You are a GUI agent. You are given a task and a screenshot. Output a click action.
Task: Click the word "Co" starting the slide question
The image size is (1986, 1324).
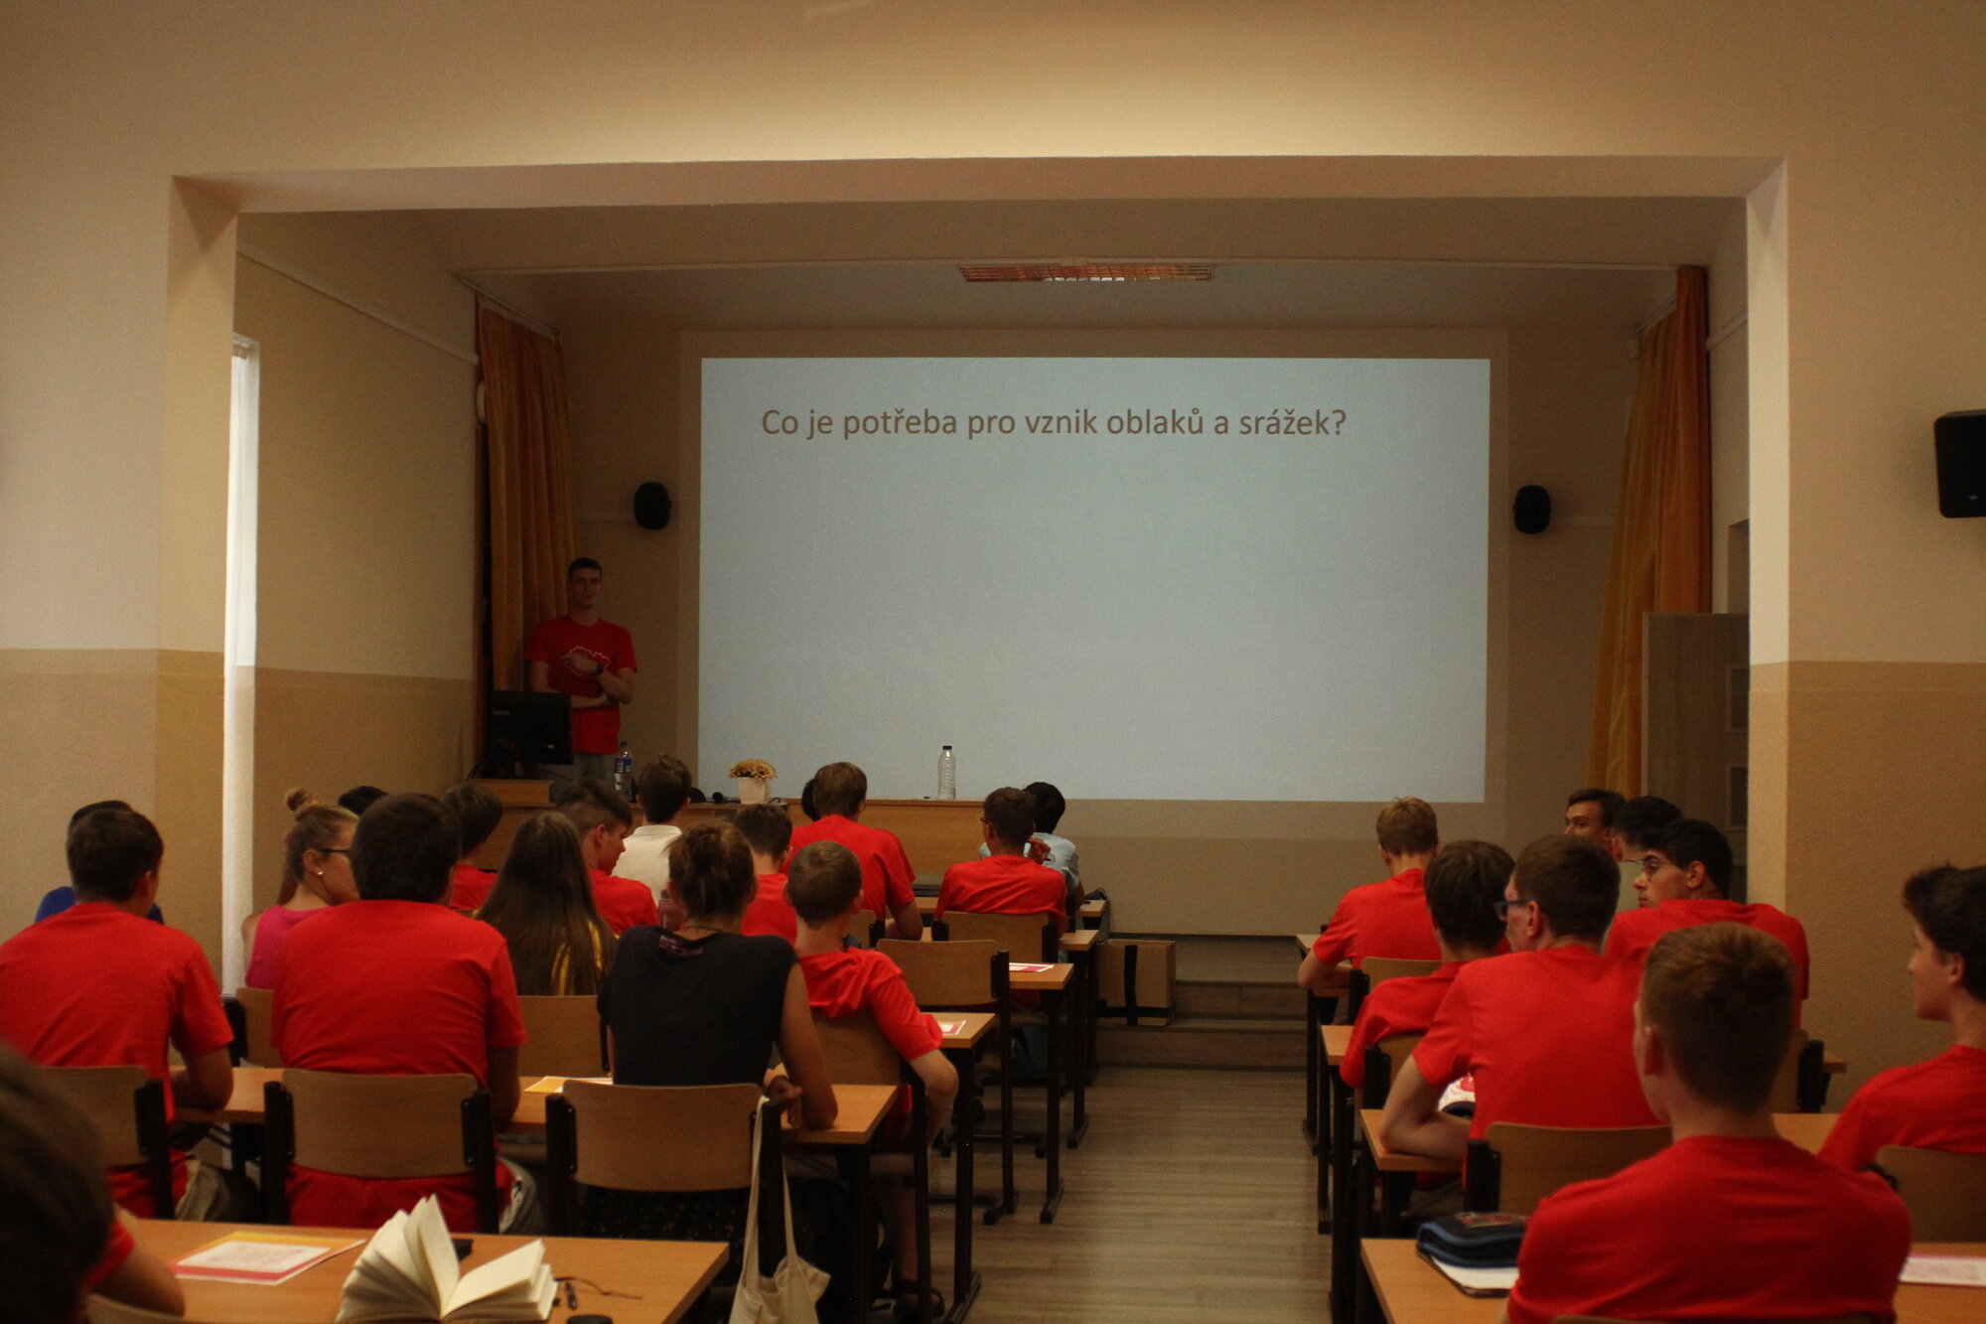[780, 423]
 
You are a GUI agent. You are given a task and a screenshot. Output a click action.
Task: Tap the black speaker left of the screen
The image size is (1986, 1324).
[651, 505]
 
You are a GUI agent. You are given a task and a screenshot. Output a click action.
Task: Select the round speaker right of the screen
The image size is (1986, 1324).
[1531, 509]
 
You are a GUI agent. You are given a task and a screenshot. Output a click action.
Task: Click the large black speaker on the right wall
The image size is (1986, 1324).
[1959, 464]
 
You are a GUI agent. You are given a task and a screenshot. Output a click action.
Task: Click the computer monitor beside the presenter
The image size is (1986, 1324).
[527, 730]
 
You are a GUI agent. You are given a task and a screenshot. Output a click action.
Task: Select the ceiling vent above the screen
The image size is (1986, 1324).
[1086, 272]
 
